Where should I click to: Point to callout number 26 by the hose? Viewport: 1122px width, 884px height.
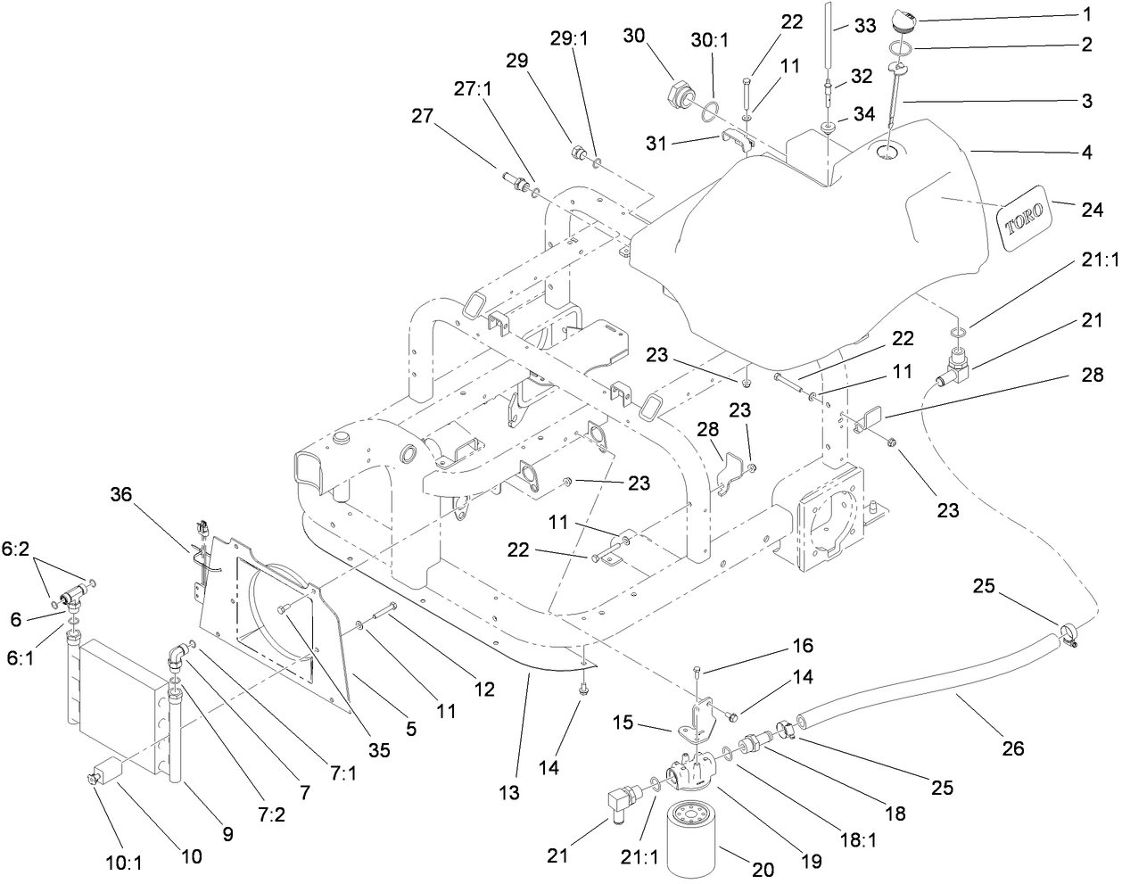point(1011,748)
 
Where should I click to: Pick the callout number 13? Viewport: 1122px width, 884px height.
point(511,792)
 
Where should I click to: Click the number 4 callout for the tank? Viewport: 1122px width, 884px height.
point(1086,152)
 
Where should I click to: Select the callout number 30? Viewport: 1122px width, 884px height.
point(633,36)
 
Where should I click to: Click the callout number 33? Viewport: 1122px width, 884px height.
point(865,28)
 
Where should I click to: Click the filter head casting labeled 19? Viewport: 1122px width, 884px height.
point(690,773)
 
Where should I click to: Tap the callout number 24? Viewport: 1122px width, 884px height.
point(1092,209)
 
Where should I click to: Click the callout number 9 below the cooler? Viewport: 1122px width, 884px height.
point(227,835)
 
